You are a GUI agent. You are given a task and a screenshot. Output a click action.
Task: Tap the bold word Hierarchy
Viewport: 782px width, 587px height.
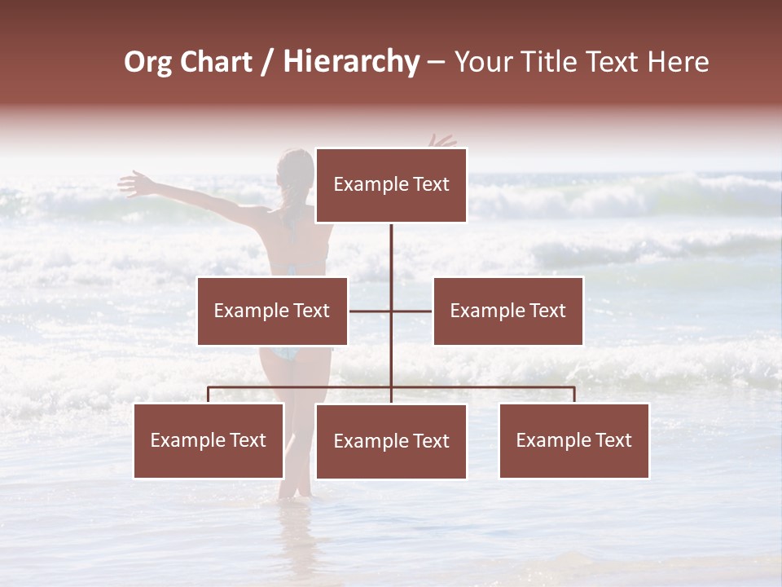[x=351, y=63]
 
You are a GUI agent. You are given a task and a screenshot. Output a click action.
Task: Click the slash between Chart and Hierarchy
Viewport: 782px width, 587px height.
[x=267, y=63]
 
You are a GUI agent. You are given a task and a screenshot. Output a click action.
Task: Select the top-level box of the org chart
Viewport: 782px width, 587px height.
[x=391, y=185]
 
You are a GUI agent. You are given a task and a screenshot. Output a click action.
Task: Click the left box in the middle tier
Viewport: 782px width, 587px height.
[x=272, y=311]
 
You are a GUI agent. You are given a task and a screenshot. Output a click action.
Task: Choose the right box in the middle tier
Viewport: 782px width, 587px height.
[x=507, y=311]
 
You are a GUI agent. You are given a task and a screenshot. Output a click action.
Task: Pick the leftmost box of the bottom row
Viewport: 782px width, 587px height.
[x=209, y=440]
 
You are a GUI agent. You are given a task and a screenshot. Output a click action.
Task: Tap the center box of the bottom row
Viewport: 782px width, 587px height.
[x=391, y=441]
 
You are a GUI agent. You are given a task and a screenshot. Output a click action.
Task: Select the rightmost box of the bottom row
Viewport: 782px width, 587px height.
[x=573, y=440]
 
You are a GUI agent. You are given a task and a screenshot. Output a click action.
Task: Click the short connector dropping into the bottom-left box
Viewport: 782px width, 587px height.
[x=209, y=395]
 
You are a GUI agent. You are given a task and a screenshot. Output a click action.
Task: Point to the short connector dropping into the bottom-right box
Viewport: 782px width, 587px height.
[x=574, y=395]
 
